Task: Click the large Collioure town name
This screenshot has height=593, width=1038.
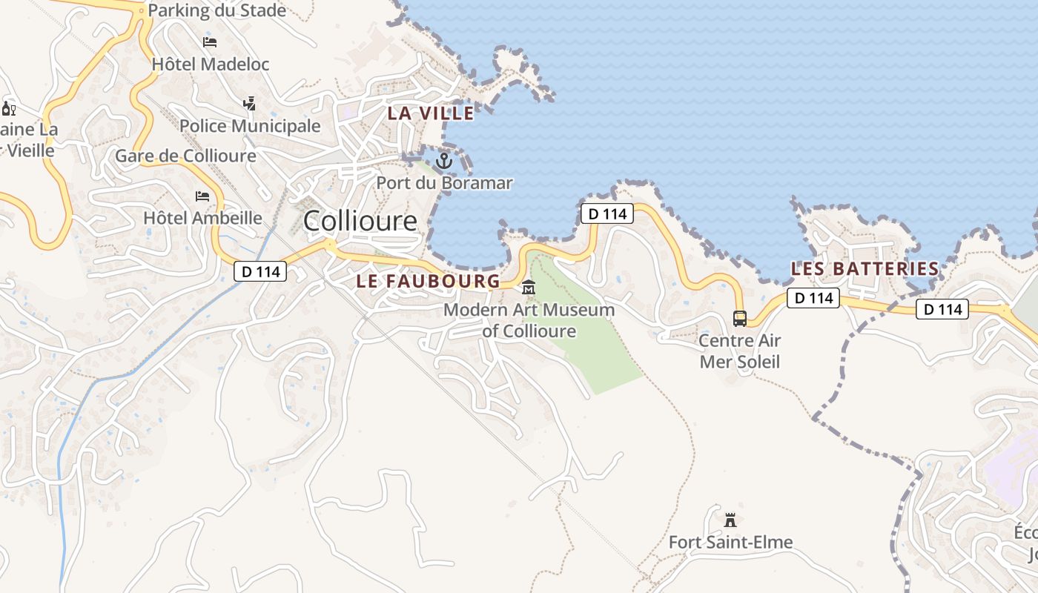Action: [x=360, y=221]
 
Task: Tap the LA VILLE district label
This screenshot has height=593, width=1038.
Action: [x=431, y=113]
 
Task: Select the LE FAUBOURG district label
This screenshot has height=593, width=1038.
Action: [x=429, y=282]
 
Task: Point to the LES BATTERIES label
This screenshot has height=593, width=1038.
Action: [x=865, y=269]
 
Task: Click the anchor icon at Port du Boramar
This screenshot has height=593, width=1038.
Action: [x=443, y=160]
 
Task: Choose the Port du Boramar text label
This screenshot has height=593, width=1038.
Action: [x=444, y=182]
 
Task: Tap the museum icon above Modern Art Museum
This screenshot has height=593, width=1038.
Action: [x=529, y=288]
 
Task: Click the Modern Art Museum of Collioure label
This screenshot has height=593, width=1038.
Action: [x=529, y=320]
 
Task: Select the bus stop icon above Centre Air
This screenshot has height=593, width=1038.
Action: [x=740, y=319]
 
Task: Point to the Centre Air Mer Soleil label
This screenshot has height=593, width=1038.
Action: [x=740, y=351]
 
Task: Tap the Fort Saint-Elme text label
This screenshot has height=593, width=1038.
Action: [x=730, y=543]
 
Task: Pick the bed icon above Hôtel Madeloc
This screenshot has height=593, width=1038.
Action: [x=210, y=42]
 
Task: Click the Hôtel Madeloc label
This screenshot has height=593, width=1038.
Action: [x=211, y=64]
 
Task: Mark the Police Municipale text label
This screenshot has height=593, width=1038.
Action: [x=250, y=126]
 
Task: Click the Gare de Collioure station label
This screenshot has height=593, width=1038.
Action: [x=185, y=156]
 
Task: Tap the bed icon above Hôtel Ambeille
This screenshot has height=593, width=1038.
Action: [x=202, y=196]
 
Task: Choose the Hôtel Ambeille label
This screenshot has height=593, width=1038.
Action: [x=202, y=218]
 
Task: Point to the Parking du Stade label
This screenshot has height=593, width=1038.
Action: [x=217, y=10]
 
